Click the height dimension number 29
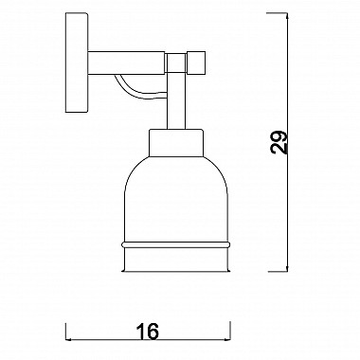point(279,142)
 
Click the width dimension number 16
point(148,332)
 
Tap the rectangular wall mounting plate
point(77,63)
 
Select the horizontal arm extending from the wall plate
point(126,63)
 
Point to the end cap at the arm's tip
point(196,63)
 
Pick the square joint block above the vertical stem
point(176,63)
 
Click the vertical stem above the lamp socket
point(176,100)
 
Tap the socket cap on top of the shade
point(176,143)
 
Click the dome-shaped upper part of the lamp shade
point(176,199)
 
